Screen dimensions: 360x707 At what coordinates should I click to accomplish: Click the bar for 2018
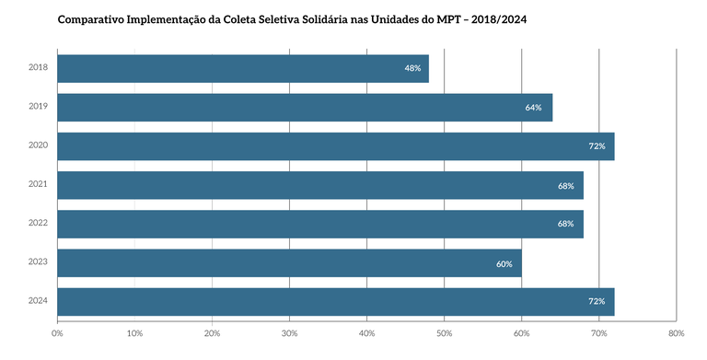point(243,68)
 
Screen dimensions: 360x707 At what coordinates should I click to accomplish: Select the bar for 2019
point(305,108)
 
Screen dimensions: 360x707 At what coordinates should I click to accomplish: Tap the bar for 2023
point(289,263)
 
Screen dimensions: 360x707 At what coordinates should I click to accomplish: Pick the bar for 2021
point(320,185)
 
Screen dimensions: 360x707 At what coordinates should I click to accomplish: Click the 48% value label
point(411,68)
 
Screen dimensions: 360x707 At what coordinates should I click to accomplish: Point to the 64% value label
point(533,108)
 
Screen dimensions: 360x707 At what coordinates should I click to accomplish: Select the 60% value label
point(504,263)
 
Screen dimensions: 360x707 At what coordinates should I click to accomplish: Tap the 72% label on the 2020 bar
point(597,146)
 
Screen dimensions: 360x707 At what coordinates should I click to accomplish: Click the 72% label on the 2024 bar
point(597,302)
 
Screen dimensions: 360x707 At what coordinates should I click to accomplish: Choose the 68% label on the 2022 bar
point(565,224)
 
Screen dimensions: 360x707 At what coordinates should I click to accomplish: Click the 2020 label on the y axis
point(38,146)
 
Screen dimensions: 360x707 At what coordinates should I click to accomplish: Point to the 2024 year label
point(38,302)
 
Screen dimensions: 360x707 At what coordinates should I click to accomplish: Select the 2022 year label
point(38,224)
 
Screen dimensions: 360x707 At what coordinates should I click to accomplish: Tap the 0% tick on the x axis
point(57,333)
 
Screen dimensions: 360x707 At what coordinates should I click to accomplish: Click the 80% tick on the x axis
point(676,333)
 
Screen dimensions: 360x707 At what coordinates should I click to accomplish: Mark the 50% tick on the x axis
point(444,333)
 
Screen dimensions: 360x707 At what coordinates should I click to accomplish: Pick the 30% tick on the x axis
point(289,333)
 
